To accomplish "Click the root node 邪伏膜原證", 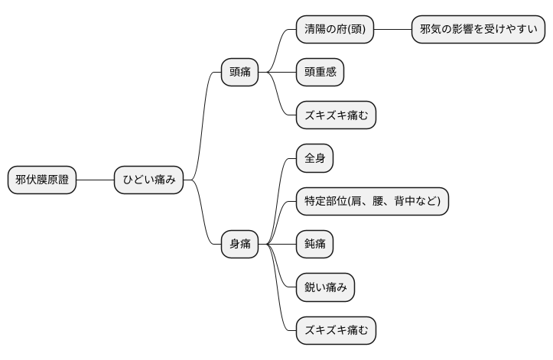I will coord(42,180).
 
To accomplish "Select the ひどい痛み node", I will coord(149,180).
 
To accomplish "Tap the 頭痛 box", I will coord(240,73).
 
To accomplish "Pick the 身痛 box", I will coord(240,244).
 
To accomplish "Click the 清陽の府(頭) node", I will coord(334,30).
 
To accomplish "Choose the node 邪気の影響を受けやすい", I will coord(478,30).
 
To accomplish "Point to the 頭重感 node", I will coord(320,73).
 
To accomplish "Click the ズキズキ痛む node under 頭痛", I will coord(336,115).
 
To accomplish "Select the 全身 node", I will coord(314,158).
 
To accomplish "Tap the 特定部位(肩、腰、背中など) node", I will coord(372,201).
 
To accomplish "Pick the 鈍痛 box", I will coord(314,244).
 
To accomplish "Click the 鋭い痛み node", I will coord(325,287).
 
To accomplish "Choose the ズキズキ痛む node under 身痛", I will coord(336,329).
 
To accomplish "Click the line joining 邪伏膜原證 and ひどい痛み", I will coord(96,180).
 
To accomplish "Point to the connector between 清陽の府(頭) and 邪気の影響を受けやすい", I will coord(392,30).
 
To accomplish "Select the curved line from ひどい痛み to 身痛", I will coord(203,214).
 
